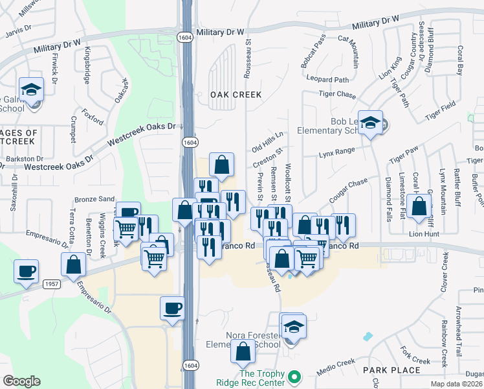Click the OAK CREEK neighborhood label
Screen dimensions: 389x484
pyautogui.click(x=236, y=95)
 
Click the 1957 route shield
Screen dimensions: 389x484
pyautogui.click(x=52, y=284)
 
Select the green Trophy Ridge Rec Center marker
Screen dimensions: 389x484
pyautogui.click(x=294, y=376)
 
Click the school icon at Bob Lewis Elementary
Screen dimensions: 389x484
pyautogui.click(x=371, y=123)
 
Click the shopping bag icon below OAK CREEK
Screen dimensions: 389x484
pyautogui.click(x=221, y=165)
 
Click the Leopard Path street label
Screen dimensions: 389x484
pyautogui.click(x=327, y=80)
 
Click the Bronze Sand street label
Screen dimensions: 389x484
pyautogui.click(x=94, y=199)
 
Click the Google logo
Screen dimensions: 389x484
pyautogui.click(x=21, y=381)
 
